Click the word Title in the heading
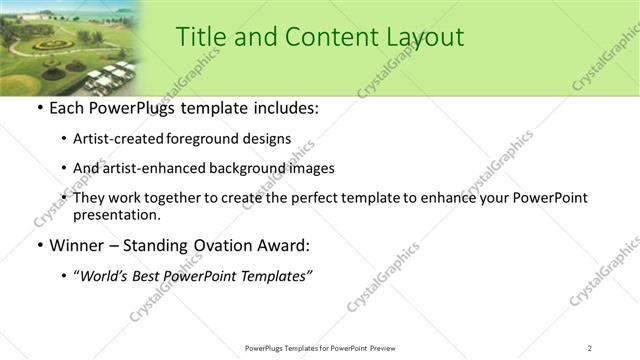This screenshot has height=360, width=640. (x=199, y=37)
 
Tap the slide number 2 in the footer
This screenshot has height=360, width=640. (x=590, y=347)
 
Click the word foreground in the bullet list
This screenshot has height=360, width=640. (x=203, y=138)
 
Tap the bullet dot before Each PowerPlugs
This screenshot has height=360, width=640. (x=39, y=107)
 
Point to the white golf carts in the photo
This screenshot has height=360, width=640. (x=108, y=75)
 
